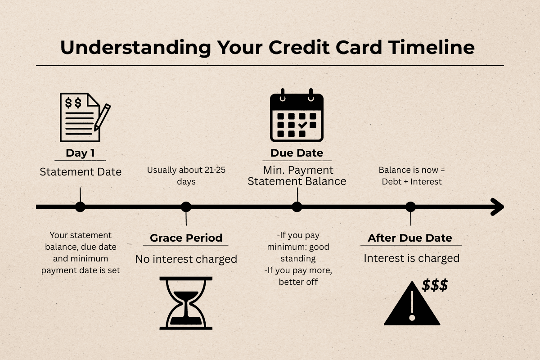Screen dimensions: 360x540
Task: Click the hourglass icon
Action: click(186, 302)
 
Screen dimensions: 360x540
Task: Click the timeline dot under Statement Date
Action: click(80, 207)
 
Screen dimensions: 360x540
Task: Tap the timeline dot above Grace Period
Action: click(186, 207)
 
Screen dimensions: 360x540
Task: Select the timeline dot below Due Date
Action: click(297, 207)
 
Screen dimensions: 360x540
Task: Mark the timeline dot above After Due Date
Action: click(410, 207)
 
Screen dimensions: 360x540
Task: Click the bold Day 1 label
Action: click(80, 153)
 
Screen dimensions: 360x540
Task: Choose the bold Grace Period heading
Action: click(186, 238)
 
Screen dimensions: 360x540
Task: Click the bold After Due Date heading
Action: click(410, 238)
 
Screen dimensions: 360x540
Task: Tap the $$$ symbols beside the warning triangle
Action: click(435, 285)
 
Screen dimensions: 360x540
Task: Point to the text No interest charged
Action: click(186, 259)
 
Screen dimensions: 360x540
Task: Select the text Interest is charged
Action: click(411, 258)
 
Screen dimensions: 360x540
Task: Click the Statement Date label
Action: click(81, 171)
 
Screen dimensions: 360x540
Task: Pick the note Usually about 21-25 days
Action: click(186, 176)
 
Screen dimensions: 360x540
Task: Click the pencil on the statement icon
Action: click(103, 117)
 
